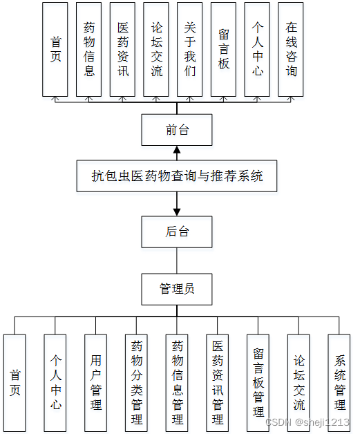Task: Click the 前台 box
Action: click(177, 130)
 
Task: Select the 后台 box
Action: click(177, 232)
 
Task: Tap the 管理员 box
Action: click(177, 290)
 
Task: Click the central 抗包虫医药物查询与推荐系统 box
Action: click(177, 176)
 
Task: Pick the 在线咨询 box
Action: click(290, 49)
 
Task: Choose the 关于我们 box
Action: click(189, 49)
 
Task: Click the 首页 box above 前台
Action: click(55, 49)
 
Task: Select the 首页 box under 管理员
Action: click(15, 383)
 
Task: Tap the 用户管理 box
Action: click(96, 383)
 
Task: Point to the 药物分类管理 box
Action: click(136, 383)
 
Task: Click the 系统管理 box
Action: click(339, 383)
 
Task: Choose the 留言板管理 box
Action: click(258, 383)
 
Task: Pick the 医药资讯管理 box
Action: click(217, 383)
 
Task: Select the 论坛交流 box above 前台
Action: click(156, 49)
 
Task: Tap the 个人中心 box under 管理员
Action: click(55, 383)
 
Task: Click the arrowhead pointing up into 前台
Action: click(177, 150)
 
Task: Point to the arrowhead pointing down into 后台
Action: click(177, 212)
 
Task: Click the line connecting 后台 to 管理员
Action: click(177, 261)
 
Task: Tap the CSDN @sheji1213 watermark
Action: click(307, 422)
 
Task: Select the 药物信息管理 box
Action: click(177, 383)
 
